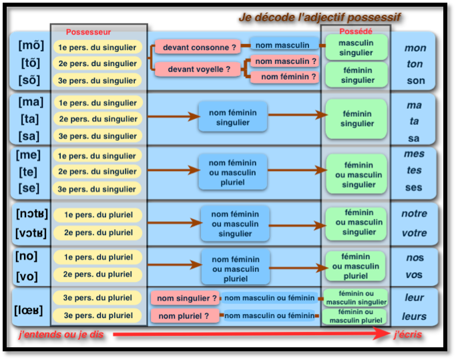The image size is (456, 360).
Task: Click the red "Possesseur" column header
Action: coord(88,32)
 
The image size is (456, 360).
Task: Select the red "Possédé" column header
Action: coord(355,31)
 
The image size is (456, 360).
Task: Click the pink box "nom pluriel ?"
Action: coord(184,316)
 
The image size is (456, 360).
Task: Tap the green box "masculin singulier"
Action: coord(356,47)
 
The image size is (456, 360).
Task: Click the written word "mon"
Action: coord(415,48)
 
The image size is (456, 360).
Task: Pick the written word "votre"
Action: coord(414,234)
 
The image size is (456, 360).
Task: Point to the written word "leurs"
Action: coord(415,316)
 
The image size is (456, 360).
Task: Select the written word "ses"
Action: coord(414,188)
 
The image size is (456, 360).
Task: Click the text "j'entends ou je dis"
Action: coord(61,334)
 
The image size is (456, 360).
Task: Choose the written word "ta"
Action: coord(415,122)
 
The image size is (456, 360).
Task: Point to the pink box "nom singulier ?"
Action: coord(187,299)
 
